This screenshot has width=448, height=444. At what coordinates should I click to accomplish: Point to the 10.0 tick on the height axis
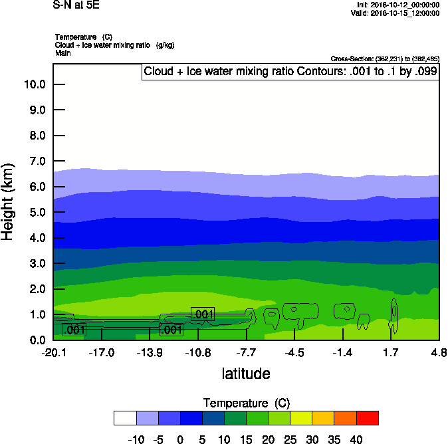(x=34, y=84)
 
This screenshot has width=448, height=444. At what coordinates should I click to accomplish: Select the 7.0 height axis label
(x=34, y=162)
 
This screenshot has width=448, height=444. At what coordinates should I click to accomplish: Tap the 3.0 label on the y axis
(x=34, y=264)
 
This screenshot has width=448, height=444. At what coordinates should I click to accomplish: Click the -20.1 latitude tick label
(x=53, y=352)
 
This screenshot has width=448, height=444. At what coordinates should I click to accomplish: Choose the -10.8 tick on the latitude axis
(x=198, y=352)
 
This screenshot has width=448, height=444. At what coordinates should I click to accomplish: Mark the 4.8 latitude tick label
(x=439, y=352)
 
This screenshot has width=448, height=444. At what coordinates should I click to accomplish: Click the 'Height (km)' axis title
(x=9, y=202)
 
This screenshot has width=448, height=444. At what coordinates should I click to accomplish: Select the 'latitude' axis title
(x=246, y=374)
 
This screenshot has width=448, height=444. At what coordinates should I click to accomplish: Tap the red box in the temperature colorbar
(x=368, y=417)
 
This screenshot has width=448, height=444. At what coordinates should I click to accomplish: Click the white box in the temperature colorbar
(x=125, y=417)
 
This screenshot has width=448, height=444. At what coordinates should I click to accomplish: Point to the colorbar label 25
(x=290, y=440)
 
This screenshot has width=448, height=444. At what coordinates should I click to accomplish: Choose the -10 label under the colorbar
(x=136, y=440)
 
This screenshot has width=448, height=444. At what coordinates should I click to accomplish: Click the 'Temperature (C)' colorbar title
(x=246, y=403)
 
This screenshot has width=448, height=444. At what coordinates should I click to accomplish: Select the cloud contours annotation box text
(x=290, y=72)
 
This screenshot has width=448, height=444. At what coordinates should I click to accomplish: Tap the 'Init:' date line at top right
(x=397, y=5)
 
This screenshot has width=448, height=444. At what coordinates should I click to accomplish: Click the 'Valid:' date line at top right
(x=396, y=13)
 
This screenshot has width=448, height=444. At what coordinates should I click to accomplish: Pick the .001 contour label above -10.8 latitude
(x=203, y=314)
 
